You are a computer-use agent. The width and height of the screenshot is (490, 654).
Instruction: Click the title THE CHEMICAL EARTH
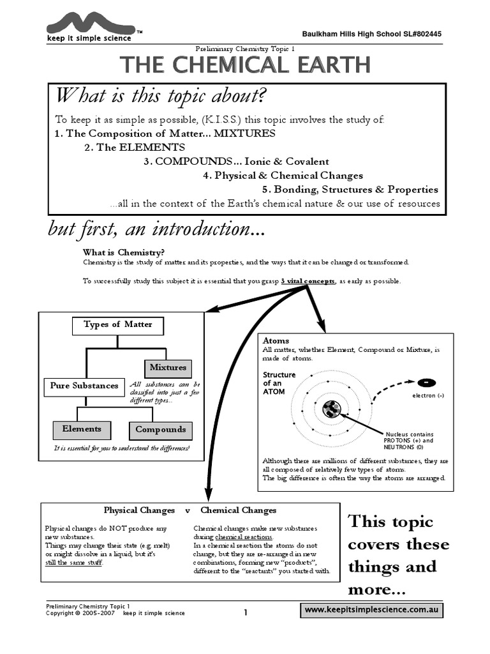coord(244,65)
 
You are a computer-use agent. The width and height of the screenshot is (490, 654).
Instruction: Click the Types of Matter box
coord(118,324)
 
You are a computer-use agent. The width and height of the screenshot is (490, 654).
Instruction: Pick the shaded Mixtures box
coord(168,367)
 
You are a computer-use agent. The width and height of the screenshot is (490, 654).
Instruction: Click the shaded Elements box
coord(82,429)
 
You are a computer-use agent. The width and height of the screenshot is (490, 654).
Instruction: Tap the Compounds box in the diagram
coord(160,430)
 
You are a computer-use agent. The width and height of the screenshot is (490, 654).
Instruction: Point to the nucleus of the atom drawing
coord(332,409)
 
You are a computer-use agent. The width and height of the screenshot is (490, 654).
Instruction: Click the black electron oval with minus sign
coord(425,383)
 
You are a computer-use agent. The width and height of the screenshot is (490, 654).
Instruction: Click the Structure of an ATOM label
coord(279,383)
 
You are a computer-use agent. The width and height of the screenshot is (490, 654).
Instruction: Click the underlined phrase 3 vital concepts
coord(308,281)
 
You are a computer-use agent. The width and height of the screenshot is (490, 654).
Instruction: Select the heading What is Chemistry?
coord(124,253)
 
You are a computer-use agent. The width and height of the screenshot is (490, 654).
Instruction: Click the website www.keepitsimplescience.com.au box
coord(371,611)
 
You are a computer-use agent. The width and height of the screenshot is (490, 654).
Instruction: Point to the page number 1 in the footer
coord(245,612)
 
